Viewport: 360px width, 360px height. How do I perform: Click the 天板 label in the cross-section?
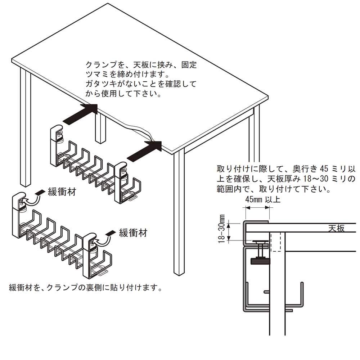[336, 228]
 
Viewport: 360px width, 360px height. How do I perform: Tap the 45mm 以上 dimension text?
[263, 199]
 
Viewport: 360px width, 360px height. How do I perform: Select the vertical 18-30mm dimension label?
[221, 229]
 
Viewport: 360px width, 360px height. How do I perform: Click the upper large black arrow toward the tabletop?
[80, 114]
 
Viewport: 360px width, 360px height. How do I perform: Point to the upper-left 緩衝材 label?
[62, 192]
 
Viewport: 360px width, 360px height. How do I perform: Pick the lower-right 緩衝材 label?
[133, 233]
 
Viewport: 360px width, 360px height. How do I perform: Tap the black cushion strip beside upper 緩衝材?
[40, 192]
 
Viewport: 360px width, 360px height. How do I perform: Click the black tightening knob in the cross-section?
[261, 261]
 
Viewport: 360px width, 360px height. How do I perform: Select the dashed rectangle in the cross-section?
[276, 242]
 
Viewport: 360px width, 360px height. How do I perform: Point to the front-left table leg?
[26, 127]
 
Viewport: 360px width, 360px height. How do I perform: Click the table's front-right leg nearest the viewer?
[179, 212]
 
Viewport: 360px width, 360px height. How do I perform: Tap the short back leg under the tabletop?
[100, 127]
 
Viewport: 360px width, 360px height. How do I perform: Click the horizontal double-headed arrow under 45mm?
[257, 208]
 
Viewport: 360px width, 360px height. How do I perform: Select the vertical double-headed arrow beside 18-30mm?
[229, 232]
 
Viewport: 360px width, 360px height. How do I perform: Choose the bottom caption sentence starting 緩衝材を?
[85, 287]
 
